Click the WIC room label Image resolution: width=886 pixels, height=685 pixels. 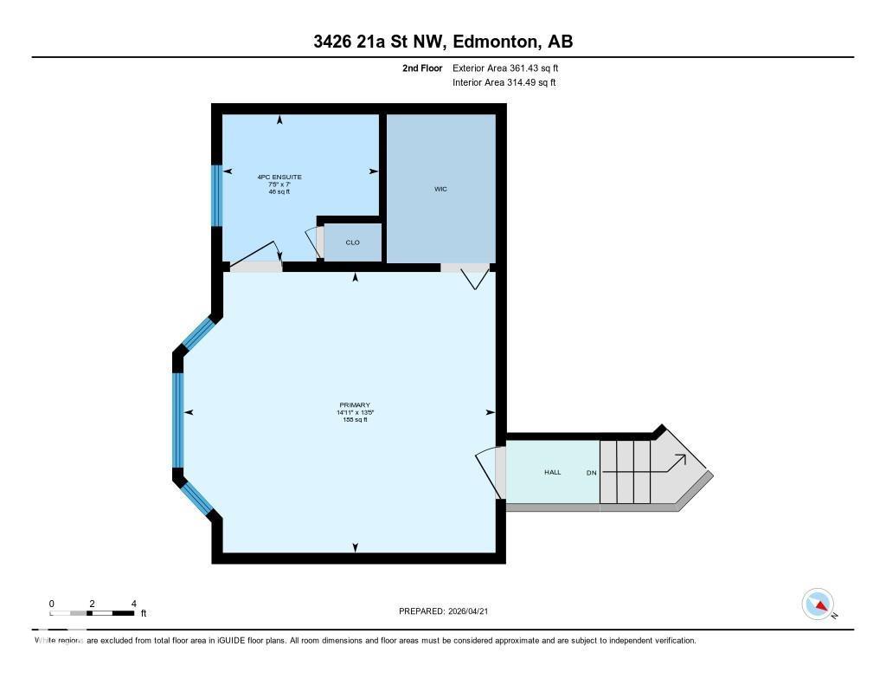pyautogui.click(x=440, y=189)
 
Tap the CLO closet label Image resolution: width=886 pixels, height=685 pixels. pyautogui.click(x=352, y=242)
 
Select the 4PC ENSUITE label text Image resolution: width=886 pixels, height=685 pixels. pyautogui.click(x=279, y=177)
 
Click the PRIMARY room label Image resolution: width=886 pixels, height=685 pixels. pyautogui.click(x=355, y=405)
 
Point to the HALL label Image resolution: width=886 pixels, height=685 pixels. pyautogui.click(x=552, y=472)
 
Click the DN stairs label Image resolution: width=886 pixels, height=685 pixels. pyautogui.click(x=592, y=473)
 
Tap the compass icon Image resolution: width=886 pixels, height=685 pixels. pyautogui.click(x=818, y=604)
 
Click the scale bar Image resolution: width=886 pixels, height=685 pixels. pyautogui.click(x=92, y=613)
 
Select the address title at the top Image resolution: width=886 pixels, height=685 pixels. pyautogui.click(x=443, y=42)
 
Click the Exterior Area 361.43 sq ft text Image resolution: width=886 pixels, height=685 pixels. pyautogui.click(x=511, y=68)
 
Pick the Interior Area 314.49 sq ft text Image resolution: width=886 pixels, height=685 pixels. pyautogui.click(x=504, y=83)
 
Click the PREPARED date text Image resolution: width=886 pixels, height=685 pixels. pyautogui.click(x=448, y=611)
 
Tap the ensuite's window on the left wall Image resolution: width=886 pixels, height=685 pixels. pyautogui.click(x=216, y=195)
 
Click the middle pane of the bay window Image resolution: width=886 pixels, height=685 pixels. pyautogui.click(x=178, y=420)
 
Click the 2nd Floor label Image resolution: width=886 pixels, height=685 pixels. pyautogui.click(x=422, y=68)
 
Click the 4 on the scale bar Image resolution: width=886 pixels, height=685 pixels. pyautogui.click(x=133, y=604)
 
